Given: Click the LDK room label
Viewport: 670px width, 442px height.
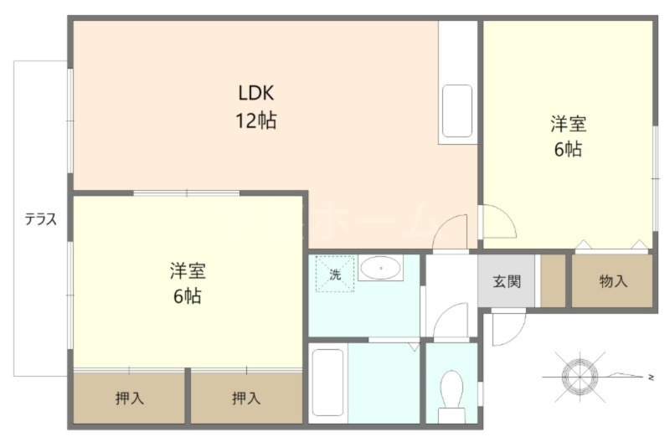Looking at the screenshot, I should (256, 93).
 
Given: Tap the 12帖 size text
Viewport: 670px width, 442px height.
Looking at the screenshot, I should (255, 121).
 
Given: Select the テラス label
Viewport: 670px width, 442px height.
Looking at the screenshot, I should (40, 220).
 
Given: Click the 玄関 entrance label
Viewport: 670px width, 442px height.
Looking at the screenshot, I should (507, 280).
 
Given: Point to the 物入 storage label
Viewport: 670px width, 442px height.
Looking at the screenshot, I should (613, 281).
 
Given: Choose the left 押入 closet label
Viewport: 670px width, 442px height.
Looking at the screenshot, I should (129, 398).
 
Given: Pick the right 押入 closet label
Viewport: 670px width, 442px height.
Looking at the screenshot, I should (246, 398).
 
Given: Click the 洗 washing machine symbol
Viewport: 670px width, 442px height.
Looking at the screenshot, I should (334, 274).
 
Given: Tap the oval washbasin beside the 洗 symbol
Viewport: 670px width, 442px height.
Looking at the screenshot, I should (381, 269).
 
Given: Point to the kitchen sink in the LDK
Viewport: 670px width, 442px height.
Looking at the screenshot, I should (457, 110).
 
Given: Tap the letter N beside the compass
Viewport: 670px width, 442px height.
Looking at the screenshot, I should (651, 378).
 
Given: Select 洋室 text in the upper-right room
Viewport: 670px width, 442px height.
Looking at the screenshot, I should (568, 125).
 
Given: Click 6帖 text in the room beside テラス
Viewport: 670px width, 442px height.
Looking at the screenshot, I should (188, 296).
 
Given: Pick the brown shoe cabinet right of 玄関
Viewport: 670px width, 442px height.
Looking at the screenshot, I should (553, 280).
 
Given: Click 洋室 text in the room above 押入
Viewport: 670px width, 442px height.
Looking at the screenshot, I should (188, 270).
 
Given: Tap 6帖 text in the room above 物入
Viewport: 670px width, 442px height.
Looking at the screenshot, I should (568, 151).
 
